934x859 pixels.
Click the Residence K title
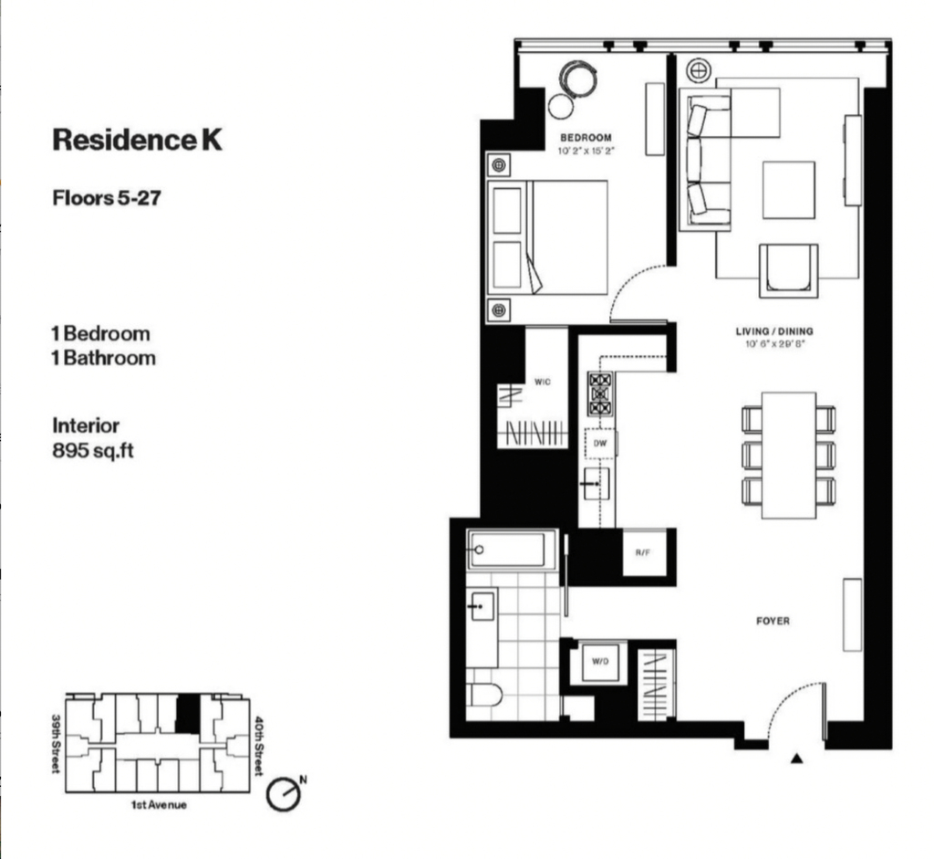coord(138,140)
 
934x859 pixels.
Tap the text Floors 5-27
coord(107,198)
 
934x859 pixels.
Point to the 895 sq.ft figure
coord(93,451)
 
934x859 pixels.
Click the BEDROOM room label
coord(586,138)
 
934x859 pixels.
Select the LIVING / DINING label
coord(774,331)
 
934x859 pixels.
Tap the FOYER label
coord(773,621)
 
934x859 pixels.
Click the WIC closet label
coord(543,382)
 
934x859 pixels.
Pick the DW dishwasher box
coord(600,444)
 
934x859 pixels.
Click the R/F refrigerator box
coord(644,552)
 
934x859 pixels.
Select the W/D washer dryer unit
coord(600,662)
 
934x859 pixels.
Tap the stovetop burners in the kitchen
coord(600,393)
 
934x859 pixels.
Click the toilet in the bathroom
coord(484,695)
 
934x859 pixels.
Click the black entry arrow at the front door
coord(797,759)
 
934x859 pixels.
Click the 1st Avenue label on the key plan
coord(159,805)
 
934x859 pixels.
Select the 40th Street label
coord(258,745)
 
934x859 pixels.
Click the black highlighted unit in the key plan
coord(188,714)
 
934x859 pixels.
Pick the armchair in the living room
coord(788,270)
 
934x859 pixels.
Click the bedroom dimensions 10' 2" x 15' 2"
coord(586,152)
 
